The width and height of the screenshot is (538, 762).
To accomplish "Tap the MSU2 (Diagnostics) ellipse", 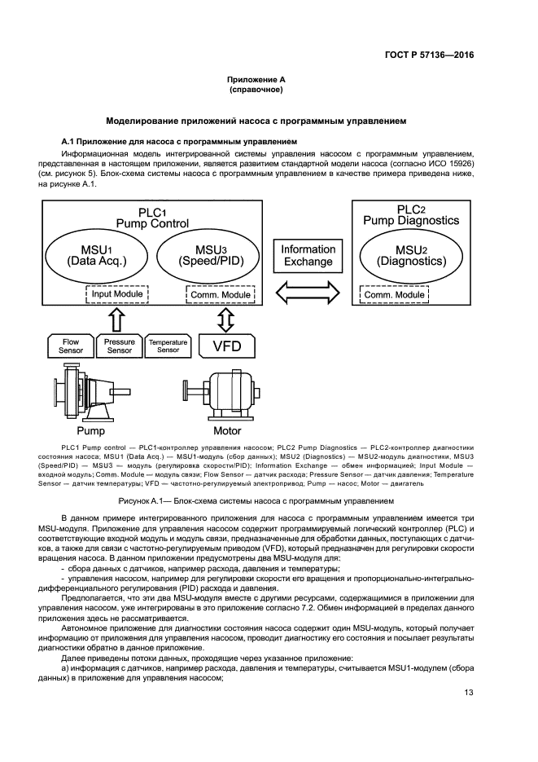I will pos(412,255).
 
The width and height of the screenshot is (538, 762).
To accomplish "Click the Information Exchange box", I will pos(308,255).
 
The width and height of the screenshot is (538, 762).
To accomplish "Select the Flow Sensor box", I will pos(71,346).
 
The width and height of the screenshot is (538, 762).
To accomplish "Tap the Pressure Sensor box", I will pos(120,346).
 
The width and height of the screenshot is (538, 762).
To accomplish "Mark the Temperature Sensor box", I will pos(168,346).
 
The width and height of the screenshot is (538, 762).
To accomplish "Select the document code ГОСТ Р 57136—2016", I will pos(429,56).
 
